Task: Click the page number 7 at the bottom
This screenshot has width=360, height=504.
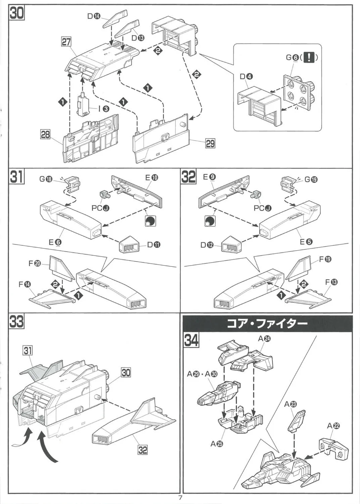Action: pos(180,498)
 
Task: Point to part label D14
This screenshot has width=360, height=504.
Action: pos(94,16)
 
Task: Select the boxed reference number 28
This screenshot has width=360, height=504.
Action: pos(45,135)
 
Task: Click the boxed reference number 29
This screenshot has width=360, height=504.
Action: pos(210,143)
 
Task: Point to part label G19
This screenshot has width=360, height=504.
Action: pos(311,179)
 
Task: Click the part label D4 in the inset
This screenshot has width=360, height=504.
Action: pos(246,77)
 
